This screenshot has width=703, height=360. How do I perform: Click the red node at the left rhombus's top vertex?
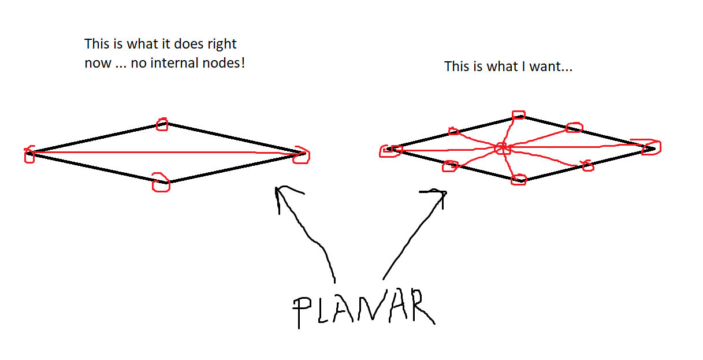pos(162,124)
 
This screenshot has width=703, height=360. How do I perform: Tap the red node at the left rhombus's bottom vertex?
pos(161,182)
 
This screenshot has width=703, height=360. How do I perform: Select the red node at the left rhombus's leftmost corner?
pos(29,154)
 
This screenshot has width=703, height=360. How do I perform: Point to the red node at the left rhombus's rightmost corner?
pos(301,154)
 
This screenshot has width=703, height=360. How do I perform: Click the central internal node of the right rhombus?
pos(501,148)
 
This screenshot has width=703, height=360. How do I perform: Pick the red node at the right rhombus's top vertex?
pos(519,116)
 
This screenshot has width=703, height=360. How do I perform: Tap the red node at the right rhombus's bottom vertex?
pos(518,180)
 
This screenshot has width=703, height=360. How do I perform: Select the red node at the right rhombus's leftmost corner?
pos(388,150)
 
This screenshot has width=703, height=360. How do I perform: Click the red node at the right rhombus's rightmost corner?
pos(650,147)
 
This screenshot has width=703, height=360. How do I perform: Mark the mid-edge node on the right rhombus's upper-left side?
pos(453,132)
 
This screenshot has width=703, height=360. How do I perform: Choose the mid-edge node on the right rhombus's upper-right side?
pos(574,127)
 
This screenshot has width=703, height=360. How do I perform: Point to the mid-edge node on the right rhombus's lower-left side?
pos(449,166)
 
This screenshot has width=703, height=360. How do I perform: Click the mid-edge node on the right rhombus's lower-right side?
pos(587,166)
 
